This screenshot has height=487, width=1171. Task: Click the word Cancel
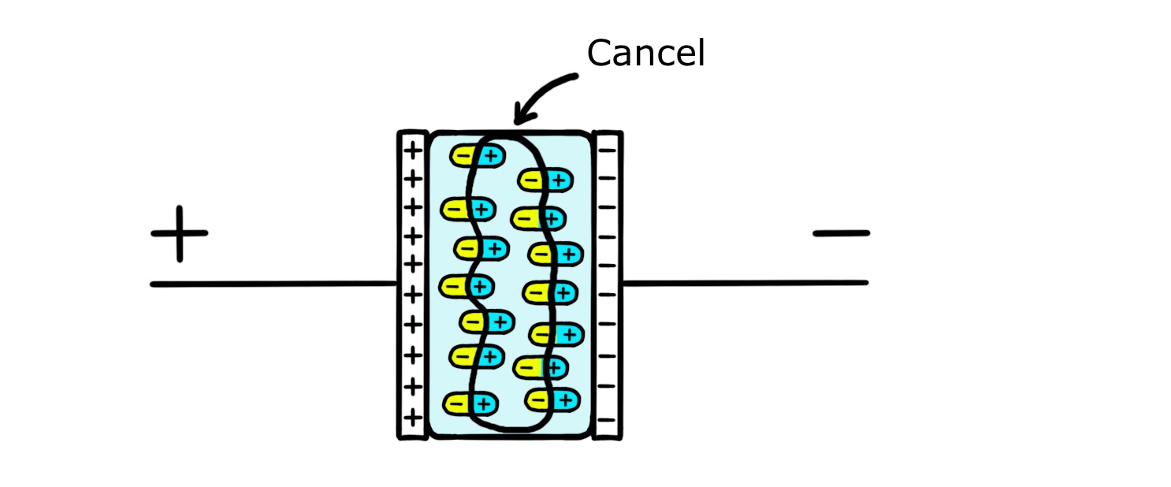point(645,54)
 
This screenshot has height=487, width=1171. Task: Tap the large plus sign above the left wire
point(180,233)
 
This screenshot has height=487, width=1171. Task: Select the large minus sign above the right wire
point(841,233)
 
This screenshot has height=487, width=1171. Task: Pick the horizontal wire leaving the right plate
point(745,282)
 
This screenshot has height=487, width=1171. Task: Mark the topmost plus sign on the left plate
point(412,149)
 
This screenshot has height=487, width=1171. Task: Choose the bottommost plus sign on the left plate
point(412,415)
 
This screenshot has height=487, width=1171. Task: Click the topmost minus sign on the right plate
point(607,148)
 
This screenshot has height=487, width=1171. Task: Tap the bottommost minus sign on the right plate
point(607,415)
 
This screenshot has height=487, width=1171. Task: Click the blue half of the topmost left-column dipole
point(490,156)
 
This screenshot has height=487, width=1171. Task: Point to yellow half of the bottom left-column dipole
point(456,404)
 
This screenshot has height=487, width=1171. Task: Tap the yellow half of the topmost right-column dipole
point(530,180)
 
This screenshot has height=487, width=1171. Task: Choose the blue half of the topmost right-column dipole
point(558,180)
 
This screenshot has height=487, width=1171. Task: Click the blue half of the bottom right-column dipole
point(564,400)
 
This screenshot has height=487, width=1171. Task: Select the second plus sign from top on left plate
point(412,178)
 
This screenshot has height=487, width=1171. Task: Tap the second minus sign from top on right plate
point(607,178)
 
